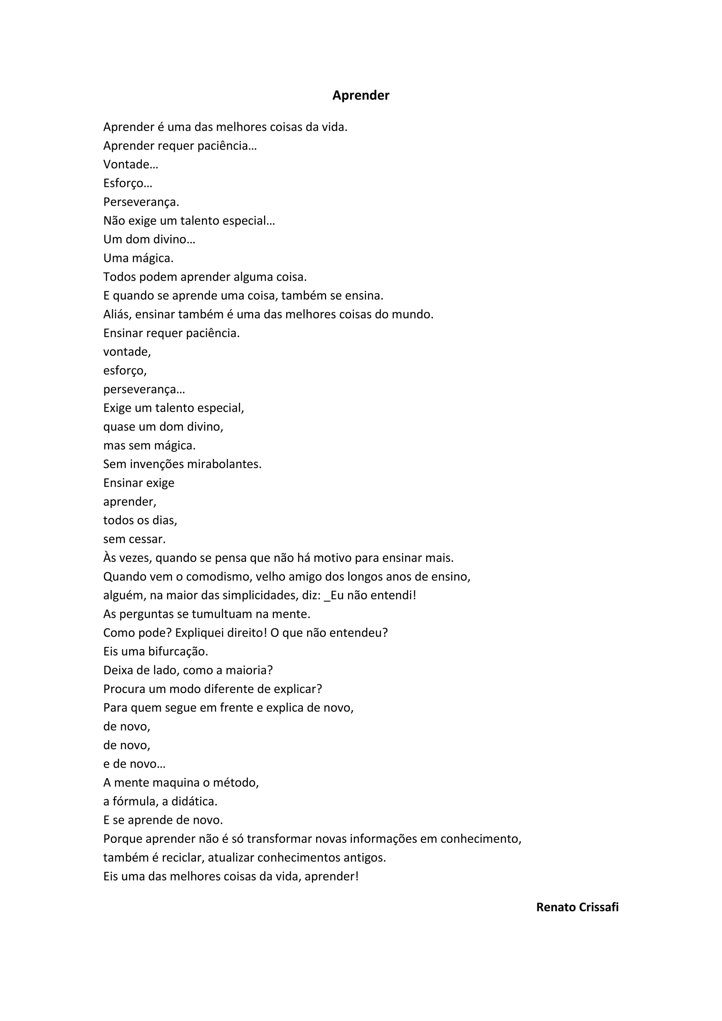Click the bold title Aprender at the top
pos(361,96)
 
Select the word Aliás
pos(117,314)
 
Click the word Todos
pos(118,277)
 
